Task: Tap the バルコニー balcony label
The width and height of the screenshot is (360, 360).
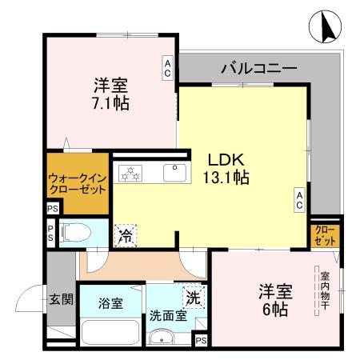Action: click(x=258, y=69)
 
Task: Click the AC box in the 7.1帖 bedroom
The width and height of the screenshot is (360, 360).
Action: click(x=168, y=67)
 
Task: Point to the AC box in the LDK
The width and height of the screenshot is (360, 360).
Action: click(x=298, y=200)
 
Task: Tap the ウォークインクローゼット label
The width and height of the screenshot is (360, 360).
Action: click(x=76, y=186)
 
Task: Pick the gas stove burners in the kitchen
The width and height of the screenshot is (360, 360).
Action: click(x=129, y=173)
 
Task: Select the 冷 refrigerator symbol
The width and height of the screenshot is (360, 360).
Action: click(x=126, y=234)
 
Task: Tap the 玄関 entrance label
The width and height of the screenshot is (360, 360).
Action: click(x=60, y=301)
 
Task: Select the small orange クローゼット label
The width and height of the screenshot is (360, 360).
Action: click(x=326, y=236)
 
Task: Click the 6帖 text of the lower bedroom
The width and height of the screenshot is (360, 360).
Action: click(x=272, y=300)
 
